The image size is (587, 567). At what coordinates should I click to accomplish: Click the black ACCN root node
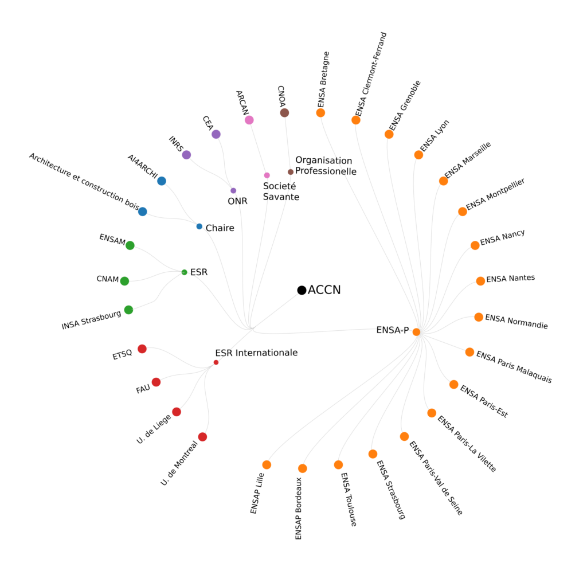pyautogui.click(x=302, y=290)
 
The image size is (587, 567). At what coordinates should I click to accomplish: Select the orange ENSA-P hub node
pyautogui.click(x=416, y=332)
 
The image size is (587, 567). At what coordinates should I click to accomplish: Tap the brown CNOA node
pyautogui.click(x=284, y=113)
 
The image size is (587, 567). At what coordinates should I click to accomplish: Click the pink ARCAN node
pyautogui.click(x=249, y=120)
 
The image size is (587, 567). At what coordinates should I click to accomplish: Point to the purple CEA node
pyautogui.click(x=216, y=134)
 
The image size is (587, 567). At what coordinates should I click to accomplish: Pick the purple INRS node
pyautogui.click(x=186, y=155)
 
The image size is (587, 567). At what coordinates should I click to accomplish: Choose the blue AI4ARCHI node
pyautogui.click(x=162, y=181)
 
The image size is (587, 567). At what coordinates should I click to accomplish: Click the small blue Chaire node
pyautogui.click(x=199, y=226)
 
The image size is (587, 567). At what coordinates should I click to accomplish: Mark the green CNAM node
pyautogui.click(x=124, y=281)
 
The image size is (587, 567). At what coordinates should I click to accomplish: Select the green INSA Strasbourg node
pyautogui.click(x=128, y=310)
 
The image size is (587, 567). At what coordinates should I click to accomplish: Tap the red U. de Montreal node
pyautogui.click(x=202, y=437)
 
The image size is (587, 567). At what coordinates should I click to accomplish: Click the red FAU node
pyautogui.click(x=156, y=382)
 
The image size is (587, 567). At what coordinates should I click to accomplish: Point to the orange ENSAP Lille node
pyautogui.click(x=267, y=465)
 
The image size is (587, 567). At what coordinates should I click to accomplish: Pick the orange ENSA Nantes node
pyautogui.click(x=480, y=281)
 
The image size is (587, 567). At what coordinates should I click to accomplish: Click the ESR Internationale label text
pyautogui.click(x=256, y=353)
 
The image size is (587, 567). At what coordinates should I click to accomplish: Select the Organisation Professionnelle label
pyautogui.click(x=325, y=166)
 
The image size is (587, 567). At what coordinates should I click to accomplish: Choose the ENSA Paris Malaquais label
pyautogui.click(x=514, y=367)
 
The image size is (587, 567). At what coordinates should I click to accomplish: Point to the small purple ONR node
pyautogui.click(x=233, y=190)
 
